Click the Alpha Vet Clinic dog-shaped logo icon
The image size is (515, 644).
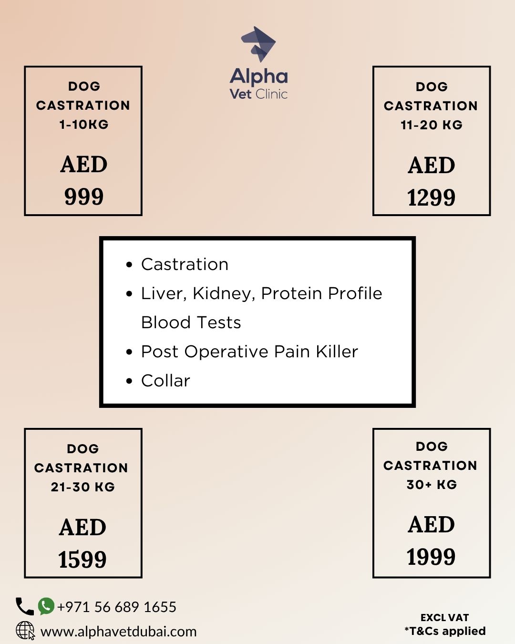point(258,44)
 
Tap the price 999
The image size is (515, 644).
point(84,197)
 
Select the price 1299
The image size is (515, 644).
point(431,197)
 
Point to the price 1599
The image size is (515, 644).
point(82,559)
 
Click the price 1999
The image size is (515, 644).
point(431,557)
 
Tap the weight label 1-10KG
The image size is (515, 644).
point(84,125)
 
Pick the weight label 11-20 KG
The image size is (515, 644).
point(432,125)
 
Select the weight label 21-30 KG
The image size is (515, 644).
point(83,487)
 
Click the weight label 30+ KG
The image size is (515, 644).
point(432,485)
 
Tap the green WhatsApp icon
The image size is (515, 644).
point(46,606)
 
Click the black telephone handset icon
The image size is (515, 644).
point(24,606)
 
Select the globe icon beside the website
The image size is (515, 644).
point(25,630)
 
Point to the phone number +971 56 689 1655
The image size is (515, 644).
point(117,607)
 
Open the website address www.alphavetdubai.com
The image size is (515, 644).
point(119,632)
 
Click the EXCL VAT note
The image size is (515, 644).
point(444,618)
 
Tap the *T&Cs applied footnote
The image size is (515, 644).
point(445,631)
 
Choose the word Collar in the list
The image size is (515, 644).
point(165,381)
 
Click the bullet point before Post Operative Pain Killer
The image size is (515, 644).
point(129,352)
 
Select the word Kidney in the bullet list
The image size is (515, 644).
point(222,294)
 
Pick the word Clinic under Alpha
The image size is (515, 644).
point(271,94)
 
